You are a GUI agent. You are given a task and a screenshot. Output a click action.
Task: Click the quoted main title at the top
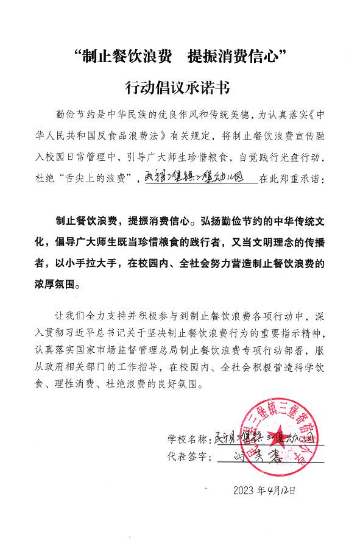tap(180, 58)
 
